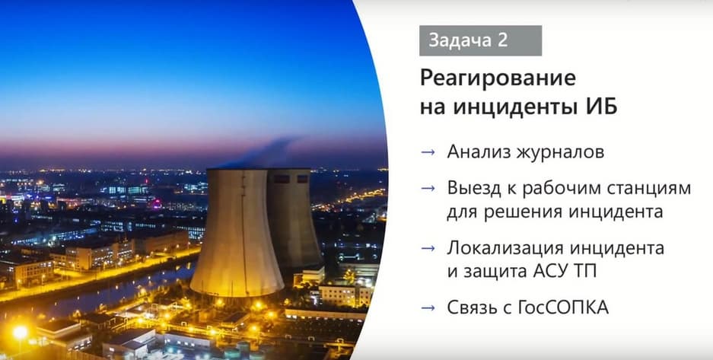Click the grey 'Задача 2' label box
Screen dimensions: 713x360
(480, 40)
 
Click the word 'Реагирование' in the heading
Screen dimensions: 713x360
(498, 79)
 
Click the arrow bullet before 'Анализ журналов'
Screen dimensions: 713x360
(428, 152)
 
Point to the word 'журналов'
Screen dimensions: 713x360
(561, 152)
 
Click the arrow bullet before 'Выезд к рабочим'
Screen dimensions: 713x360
(428, 188)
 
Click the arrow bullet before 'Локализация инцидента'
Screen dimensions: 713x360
(428, 248)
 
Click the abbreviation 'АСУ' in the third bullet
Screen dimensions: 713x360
(547, 272)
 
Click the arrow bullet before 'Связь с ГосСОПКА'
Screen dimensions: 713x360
(428, 308)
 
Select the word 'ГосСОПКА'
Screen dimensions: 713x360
(563, 307)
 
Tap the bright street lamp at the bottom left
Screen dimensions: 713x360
(20, 333)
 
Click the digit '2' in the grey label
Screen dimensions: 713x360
(502, 40)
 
